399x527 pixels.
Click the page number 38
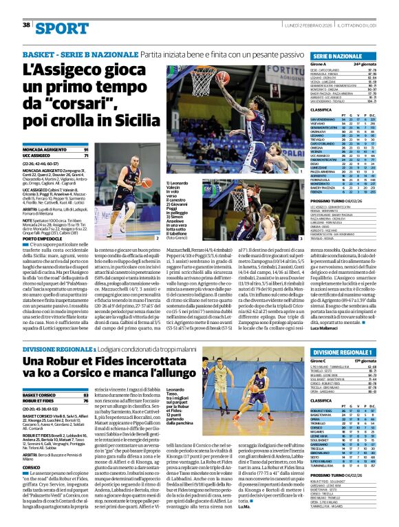pos(26,25)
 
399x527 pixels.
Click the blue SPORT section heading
pos(57,28)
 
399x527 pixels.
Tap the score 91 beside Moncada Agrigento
pos(86,150)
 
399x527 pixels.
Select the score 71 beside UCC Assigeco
pos(86,156)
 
